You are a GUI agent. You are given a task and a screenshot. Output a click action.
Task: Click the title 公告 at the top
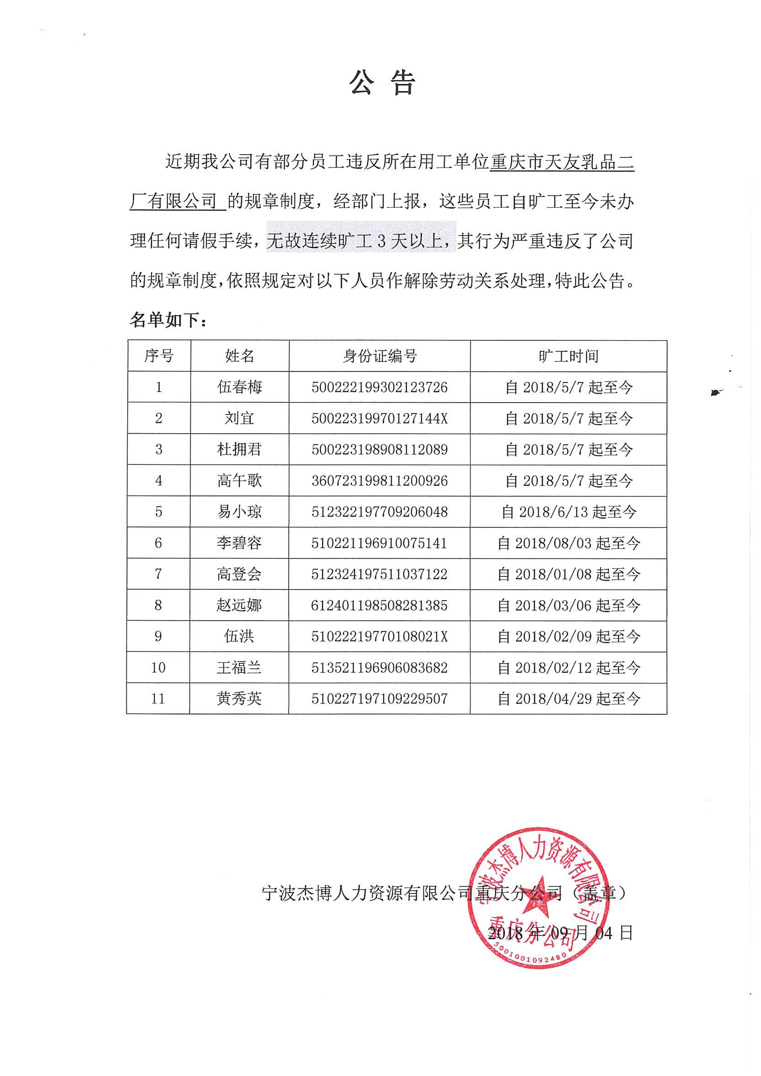[x=382, y=83]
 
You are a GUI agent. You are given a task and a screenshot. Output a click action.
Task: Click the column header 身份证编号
[x=380, y=356]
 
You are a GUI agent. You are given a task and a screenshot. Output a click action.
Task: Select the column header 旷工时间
[x=568, y=356]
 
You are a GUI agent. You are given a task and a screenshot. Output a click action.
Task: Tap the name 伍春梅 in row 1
[x=240, y=387]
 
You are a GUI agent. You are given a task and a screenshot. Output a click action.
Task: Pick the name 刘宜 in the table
[x=240, y=418]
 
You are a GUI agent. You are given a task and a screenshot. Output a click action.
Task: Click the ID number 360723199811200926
[x=380, y=480]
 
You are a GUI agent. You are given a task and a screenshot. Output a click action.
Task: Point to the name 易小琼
[x=240, y=511]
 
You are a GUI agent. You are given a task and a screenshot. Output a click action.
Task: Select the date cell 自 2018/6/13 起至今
[x=568, y=512]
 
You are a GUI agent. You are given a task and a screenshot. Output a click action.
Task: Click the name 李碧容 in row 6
[x=240, y=543]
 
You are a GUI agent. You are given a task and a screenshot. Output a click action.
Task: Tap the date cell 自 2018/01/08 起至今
[x=568, y=574]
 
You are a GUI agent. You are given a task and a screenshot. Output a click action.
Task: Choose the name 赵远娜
[x=240, y=605]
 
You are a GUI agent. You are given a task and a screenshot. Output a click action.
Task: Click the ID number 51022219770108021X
[x=380, y=636]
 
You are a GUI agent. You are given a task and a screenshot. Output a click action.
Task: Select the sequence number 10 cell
[x=158, y=667]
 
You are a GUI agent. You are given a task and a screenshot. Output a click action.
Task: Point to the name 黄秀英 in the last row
[x=240, y=699]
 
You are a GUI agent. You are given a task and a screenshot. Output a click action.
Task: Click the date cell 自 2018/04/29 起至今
[x=568, y=699]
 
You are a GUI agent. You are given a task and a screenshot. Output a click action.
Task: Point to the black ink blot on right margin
[x=715, y=393]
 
